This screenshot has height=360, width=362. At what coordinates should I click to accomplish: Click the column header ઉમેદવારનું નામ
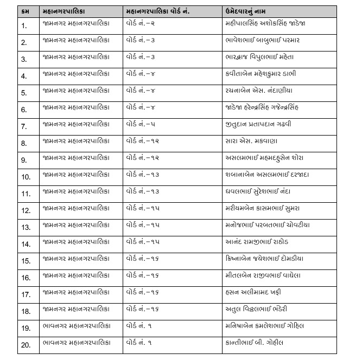[250, 11]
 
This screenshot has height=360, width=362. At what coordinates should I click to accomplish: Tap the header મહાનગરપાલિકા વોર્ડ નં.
[157, 11]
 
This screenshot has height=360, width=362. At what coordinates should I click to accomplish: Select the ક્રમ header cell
[26, 11]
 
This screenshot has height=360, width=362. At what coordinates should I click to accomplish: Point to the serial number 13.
[26, 227]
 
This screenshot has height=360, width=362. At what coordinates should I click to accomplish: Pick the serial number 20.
[26, 345]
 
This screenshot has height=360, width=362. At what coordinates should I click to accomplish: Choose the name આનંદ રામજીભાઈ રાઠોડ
[257, 242]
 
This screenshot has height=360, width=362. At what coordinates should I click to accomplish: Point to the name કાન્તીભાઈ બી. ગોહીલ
[254, 343]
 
